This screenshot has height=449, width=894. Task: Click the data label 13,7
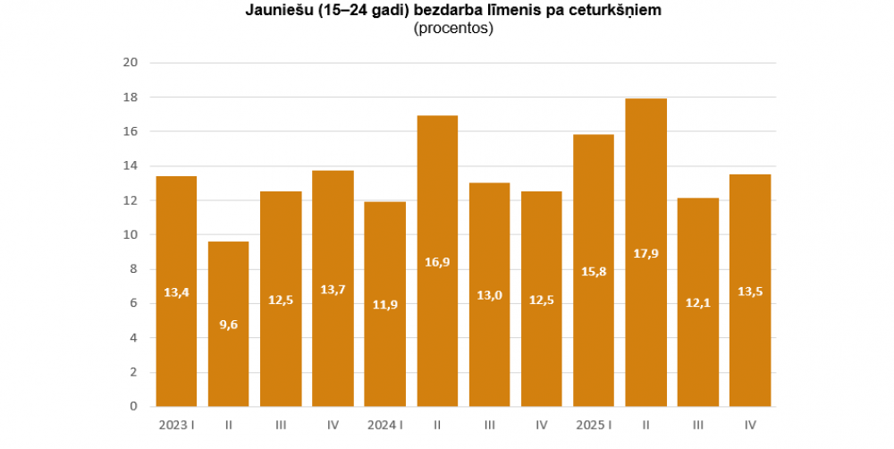point(333,293)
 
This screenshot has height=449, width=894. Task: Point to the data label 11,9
point(384,304)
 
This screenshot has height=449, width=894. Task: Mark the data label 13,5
point(750,291)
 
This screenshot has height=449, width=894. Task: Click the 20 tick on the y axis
point(130,63)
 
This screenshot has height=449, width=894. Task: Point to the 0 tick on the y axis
point(133,406)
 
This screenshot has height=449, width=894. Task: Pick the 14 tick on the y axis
point(130,165)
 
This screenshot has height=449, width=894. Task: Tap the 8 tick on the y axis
point(133,269)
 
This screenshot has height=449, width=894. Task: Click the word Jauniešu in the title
point(273,12)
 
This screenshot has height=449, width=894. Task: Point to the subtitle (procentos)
point(453,29)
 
